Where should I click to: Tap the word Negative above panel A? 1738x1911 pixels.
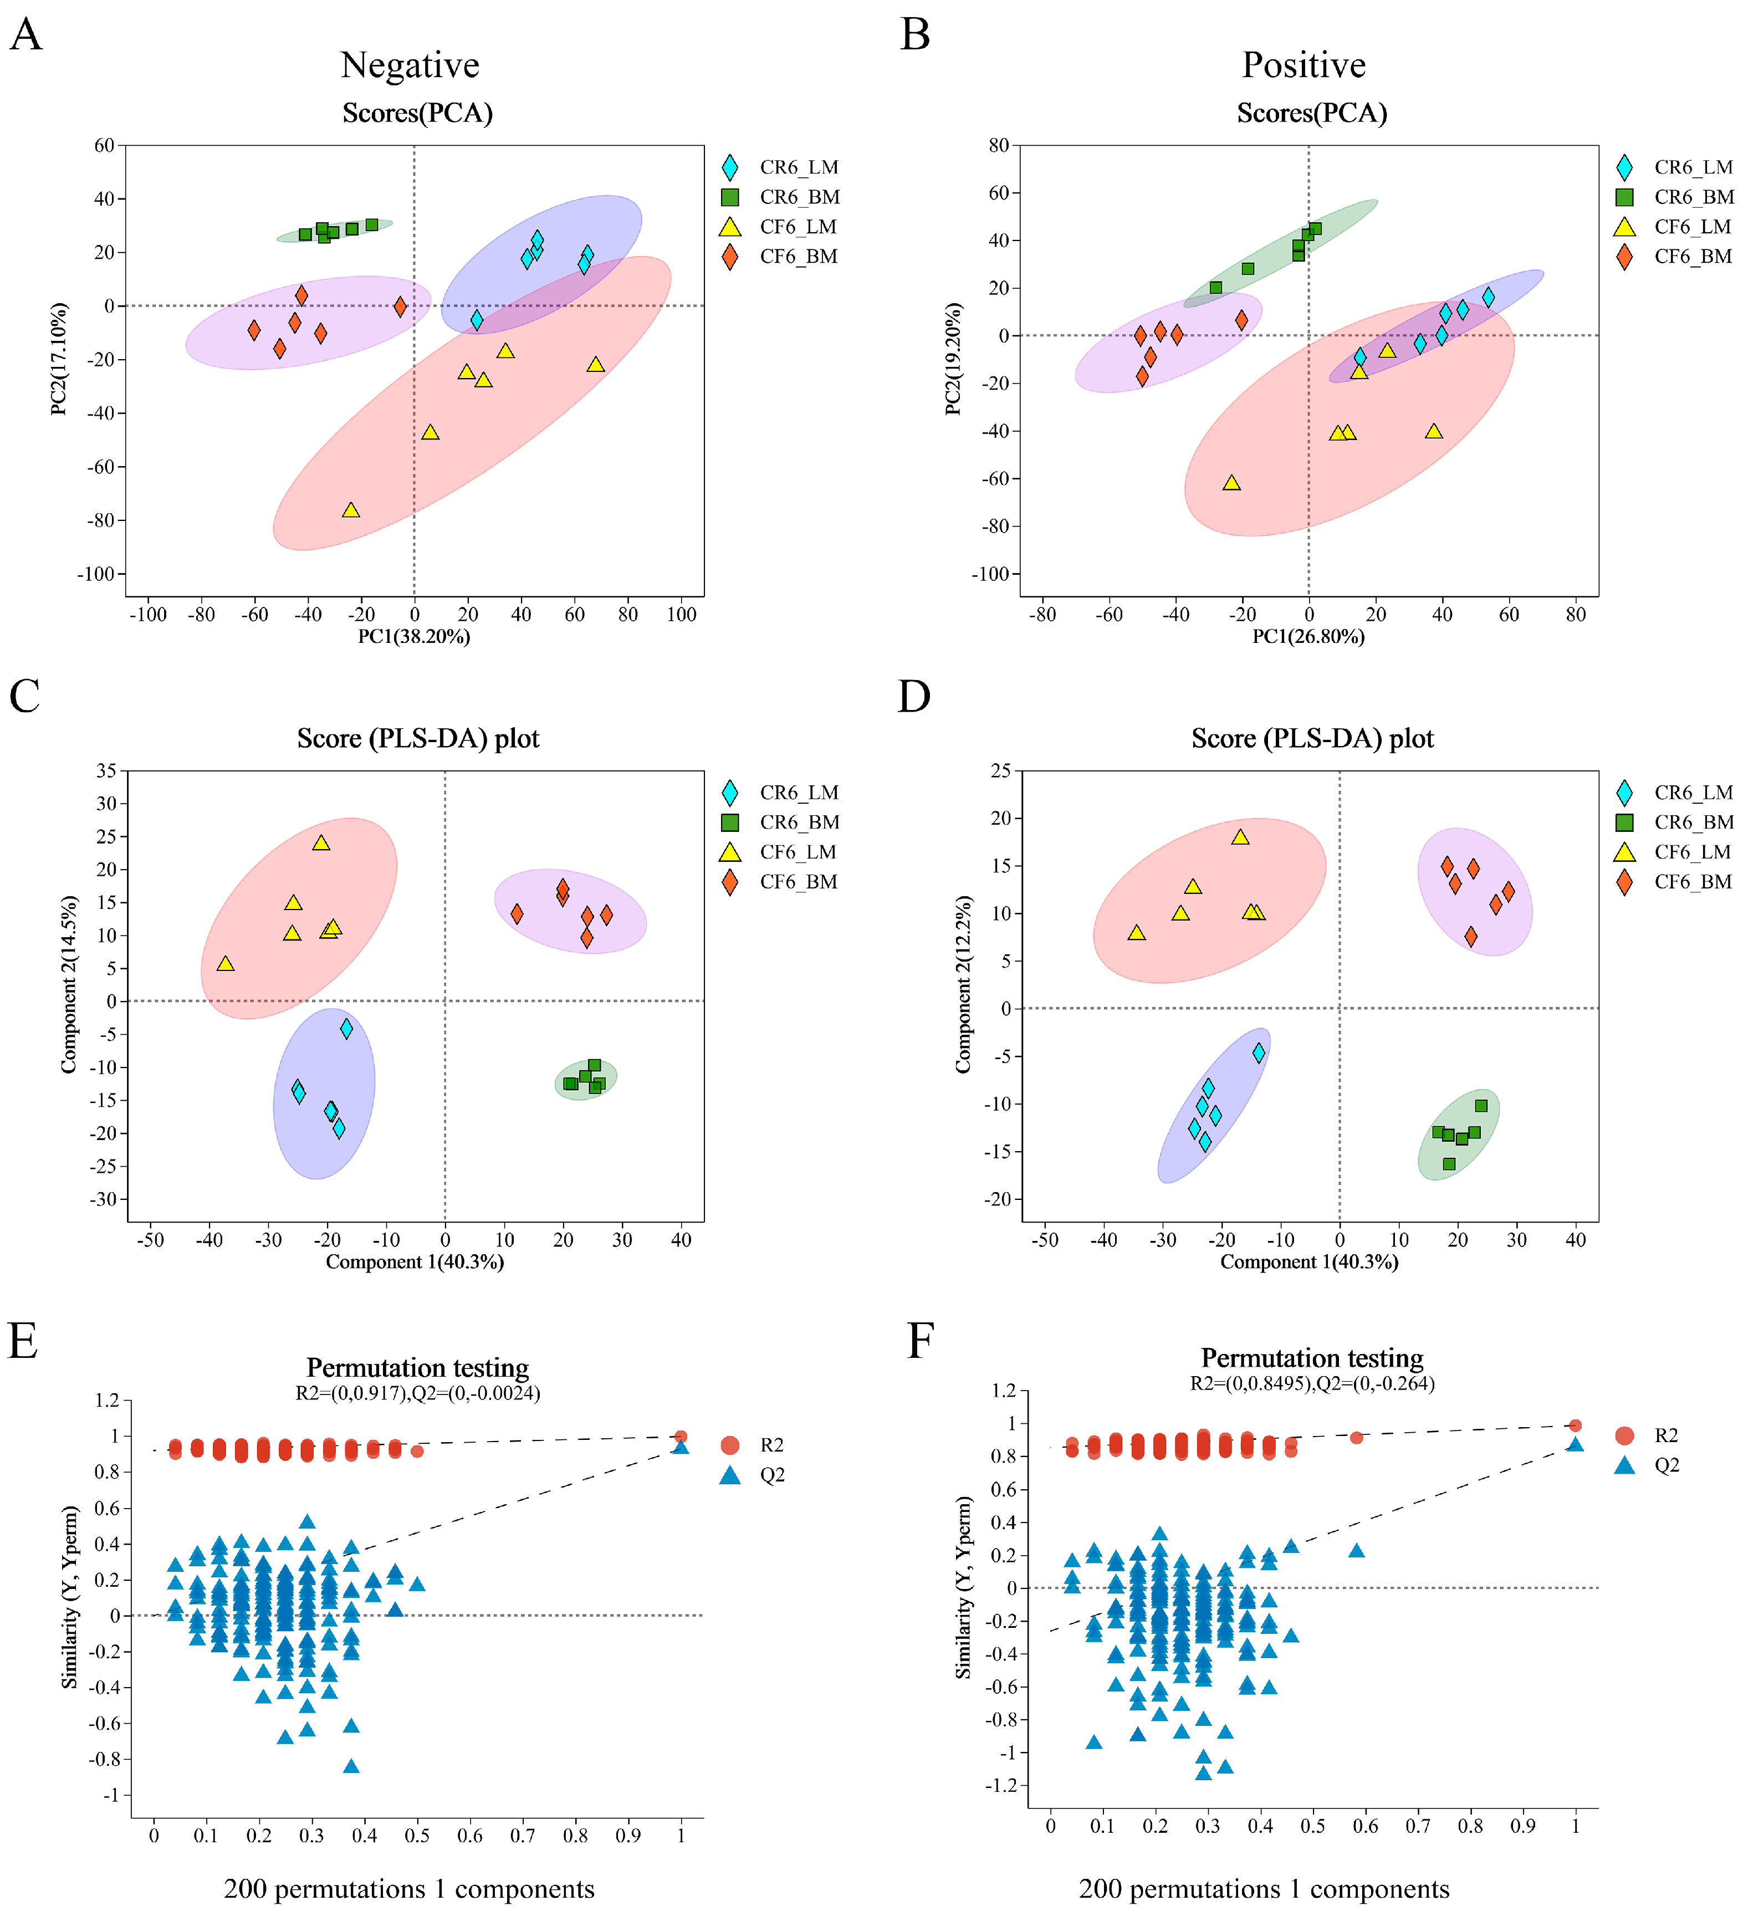coord(410,65)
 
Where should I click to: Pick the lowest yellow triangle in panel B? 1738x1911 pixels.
coord(1231,483)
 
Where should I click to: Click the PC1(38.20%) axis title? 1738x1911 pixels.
coord(413,636)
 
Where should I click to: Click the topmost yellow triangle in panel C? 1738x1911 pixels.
coord(321,842)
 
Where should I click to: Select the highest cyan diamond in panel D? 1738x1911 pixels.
coord(1259,1052)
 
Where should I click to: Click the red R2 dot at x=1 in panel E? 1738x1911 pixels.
coord(681,1436)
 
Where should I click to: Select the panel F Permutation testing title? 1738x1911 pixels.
coord(1312,1358)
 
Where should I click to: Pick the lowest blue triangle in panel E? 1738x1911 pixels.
coord(351,1766)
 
